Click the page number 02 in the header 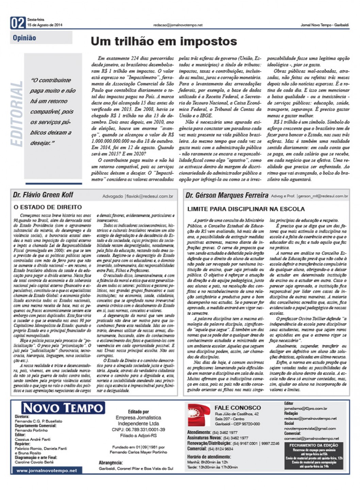(x=18, y=23)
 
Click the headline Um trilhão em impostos (x=164, y=42)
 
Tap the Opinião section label (x=24, y=38)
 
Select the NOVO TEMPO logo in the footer (x=63, y=408)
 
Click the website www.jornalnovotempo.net (x=47, y=471)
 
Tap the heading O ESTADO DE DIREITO (x=48, y=207)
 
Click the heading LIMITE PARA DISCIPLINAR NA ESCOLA (x=246, y=209)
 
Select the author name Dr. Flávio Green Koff (x=43, y=195)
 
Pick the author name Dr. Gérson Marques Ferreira (x=227, y=195)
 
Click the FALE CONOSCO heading (x=238, y=408)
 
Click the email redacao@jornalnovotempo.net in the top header (x=178, y=25)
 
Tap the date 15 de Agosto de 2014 (x=45, y=25)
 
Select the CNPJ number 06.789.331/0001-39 (x=138, y=430)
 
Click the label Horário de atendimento (x=209, y=457)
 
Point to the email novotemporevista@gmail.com (x=310, y=428)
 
